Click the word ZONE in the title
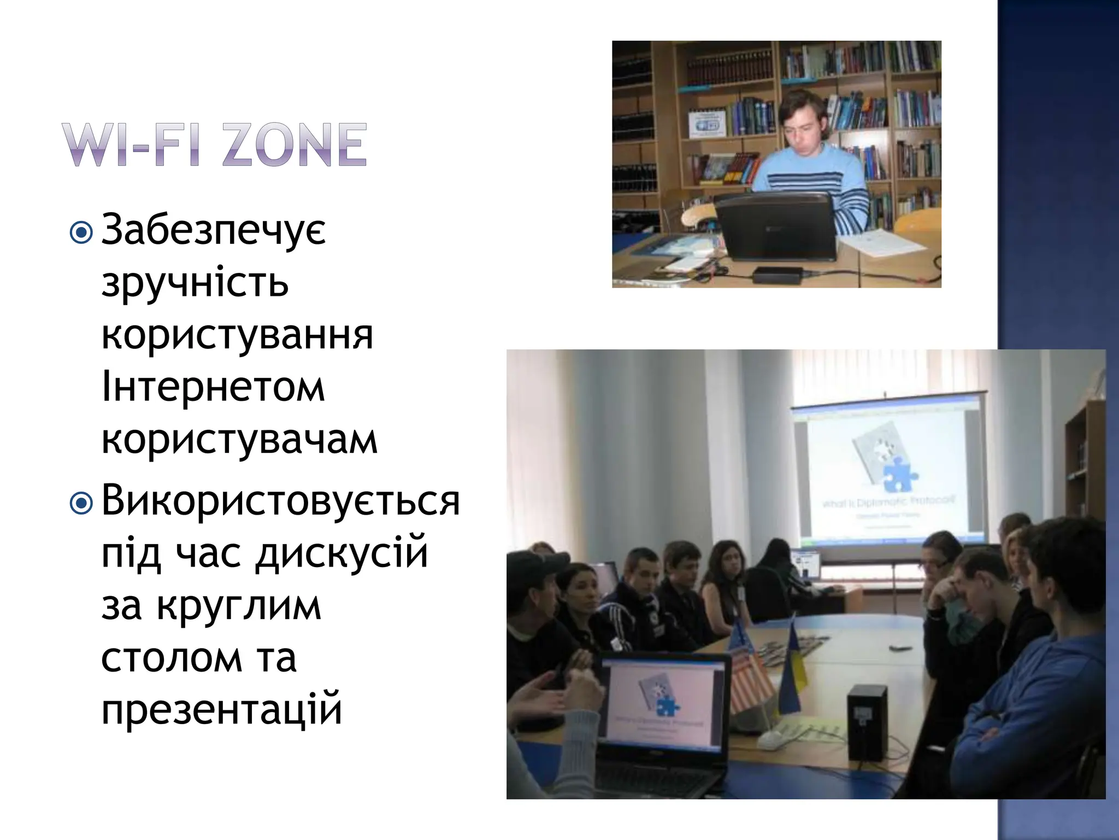[295, 144]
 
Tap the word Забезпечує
[214, 230]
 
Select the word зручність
[195, 282]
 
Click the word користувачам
[239, 440]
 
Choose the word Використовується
[280, 500]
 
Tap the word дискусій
[341, 553]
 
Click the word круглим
[239, 606]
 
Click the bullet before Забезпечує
[82, 233]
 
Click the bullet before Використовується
[82, 504]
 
